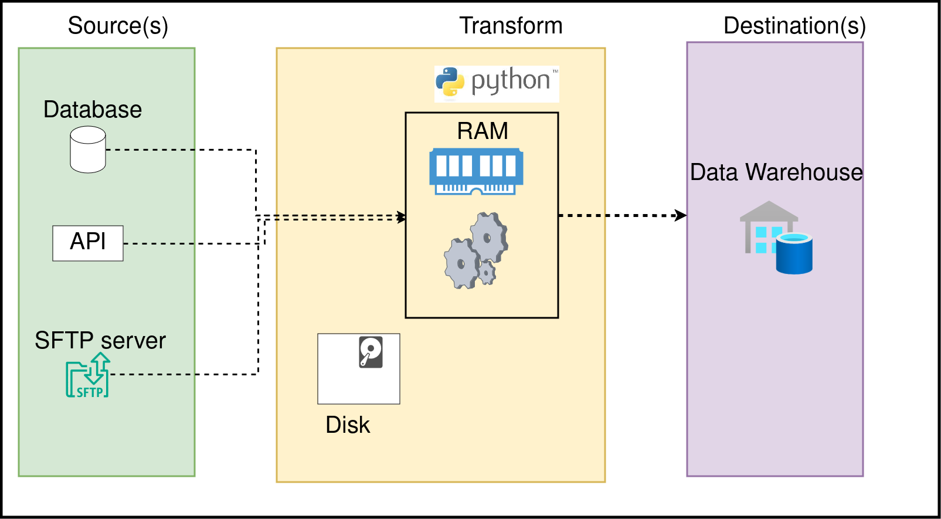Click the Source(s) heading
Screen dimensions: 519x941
click(118, 26)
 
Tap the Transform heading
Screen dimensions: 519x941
click(511, 26)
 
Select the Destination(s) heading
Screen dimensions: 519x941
click(794, 26)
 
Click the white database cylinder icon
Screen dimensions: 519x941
click(88, 150)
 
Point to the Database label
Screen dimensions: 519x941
click(93, 110)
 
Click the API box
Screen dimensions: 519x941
click(88, 243)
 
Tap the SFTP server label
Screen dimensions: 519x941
click(100, 340)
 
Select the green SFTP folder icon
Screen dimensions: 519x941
click(88, 376)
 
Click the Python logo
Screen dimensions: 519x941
click(497, 83)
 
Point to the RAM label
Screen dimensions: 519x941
click(483, 131)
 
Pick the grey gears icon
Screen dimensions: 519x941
click(476, 250)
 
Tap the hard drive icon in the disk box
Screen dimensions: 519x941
click(371, 352)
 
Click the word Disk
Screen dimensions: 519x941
click(348, 425)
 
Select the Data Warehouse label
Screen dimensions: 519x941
click(776, 172)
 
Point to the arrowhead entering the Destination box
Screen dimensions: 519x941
click(681, 215)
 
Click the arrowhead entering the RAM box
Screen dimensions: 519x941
click(402, 217)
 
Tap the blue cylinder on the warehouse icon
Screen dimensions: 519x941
click(794, 253)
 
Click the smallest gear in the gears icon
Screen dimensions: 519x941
click(487, 273)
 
